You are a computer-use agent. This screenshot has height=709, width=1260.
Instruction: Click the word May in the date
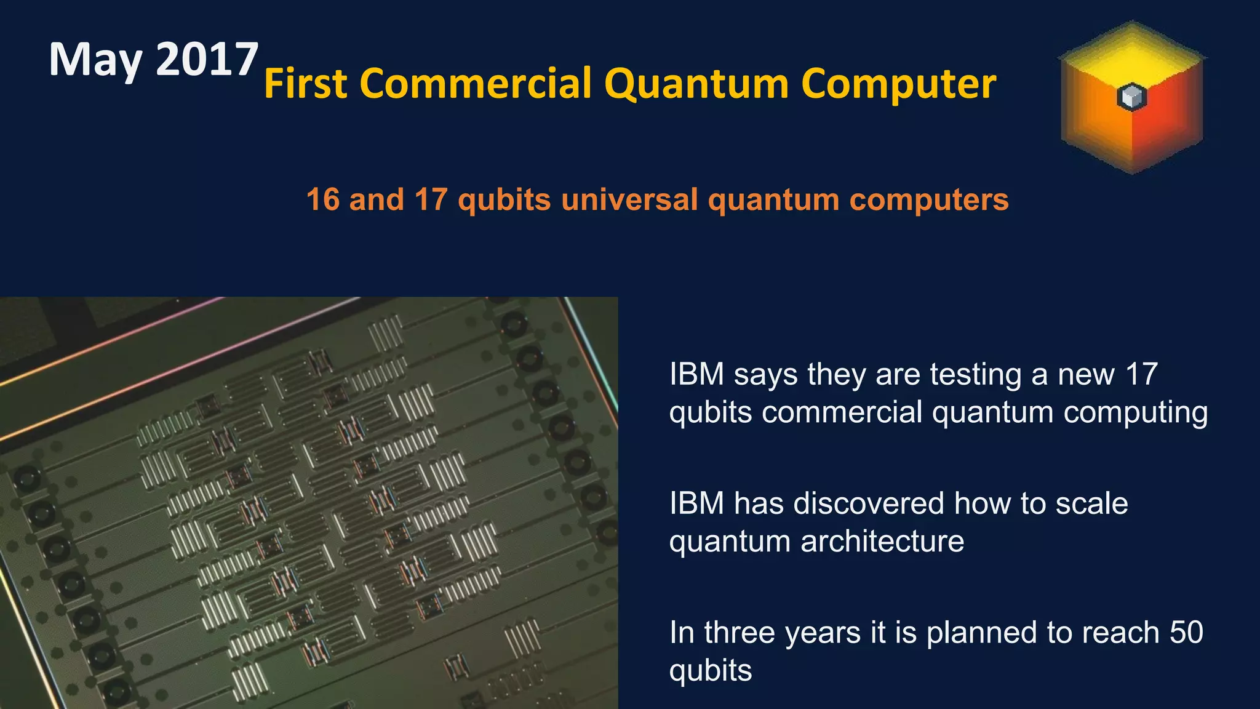tap(96, 60)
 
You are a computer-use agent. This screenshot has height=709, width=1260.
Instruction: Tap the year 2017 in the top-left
tap(207, 59)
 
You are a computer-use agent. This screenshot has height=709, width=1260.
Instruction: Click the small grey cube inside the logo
tap(1131, 97)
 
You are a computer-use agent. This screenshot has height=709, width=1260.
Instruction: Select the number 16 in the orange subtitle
tap(323, 199)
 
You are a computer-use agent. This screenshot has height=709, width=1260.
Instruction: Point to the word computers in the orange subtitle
tap(929, 199)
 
